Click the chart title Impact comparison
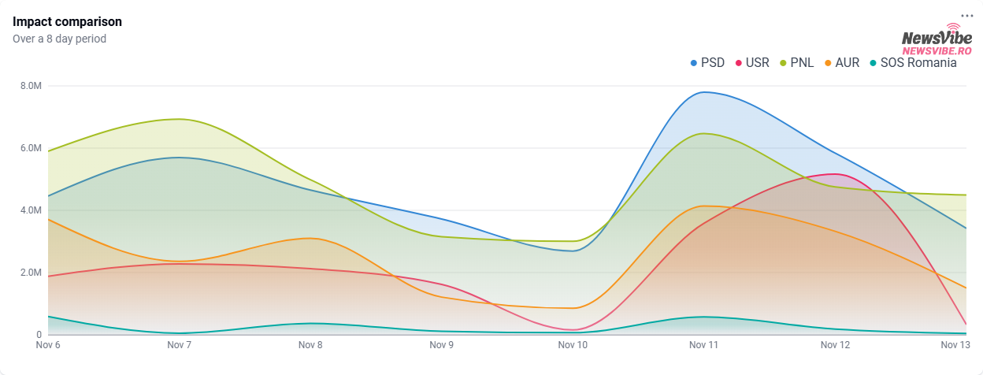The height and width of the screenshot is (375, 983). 67,21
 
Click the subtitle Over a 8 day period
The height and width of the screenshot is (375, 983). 59,39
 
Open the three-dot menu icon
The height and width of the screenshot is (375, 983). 967,16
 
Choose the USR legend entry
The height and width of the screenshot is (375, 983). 751,63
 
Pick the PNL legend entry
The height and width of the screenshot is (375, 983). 796,63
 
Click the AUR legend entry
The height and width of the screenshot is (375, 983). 841,63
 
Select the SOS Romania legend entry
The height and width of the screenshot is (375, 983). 913,63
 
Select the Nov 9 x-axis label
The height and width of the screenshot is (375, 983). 441,345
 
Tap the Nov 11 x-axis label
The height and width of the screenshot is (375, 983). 703,345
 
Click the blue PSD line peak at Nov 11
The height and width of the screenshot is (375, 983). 703,92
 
